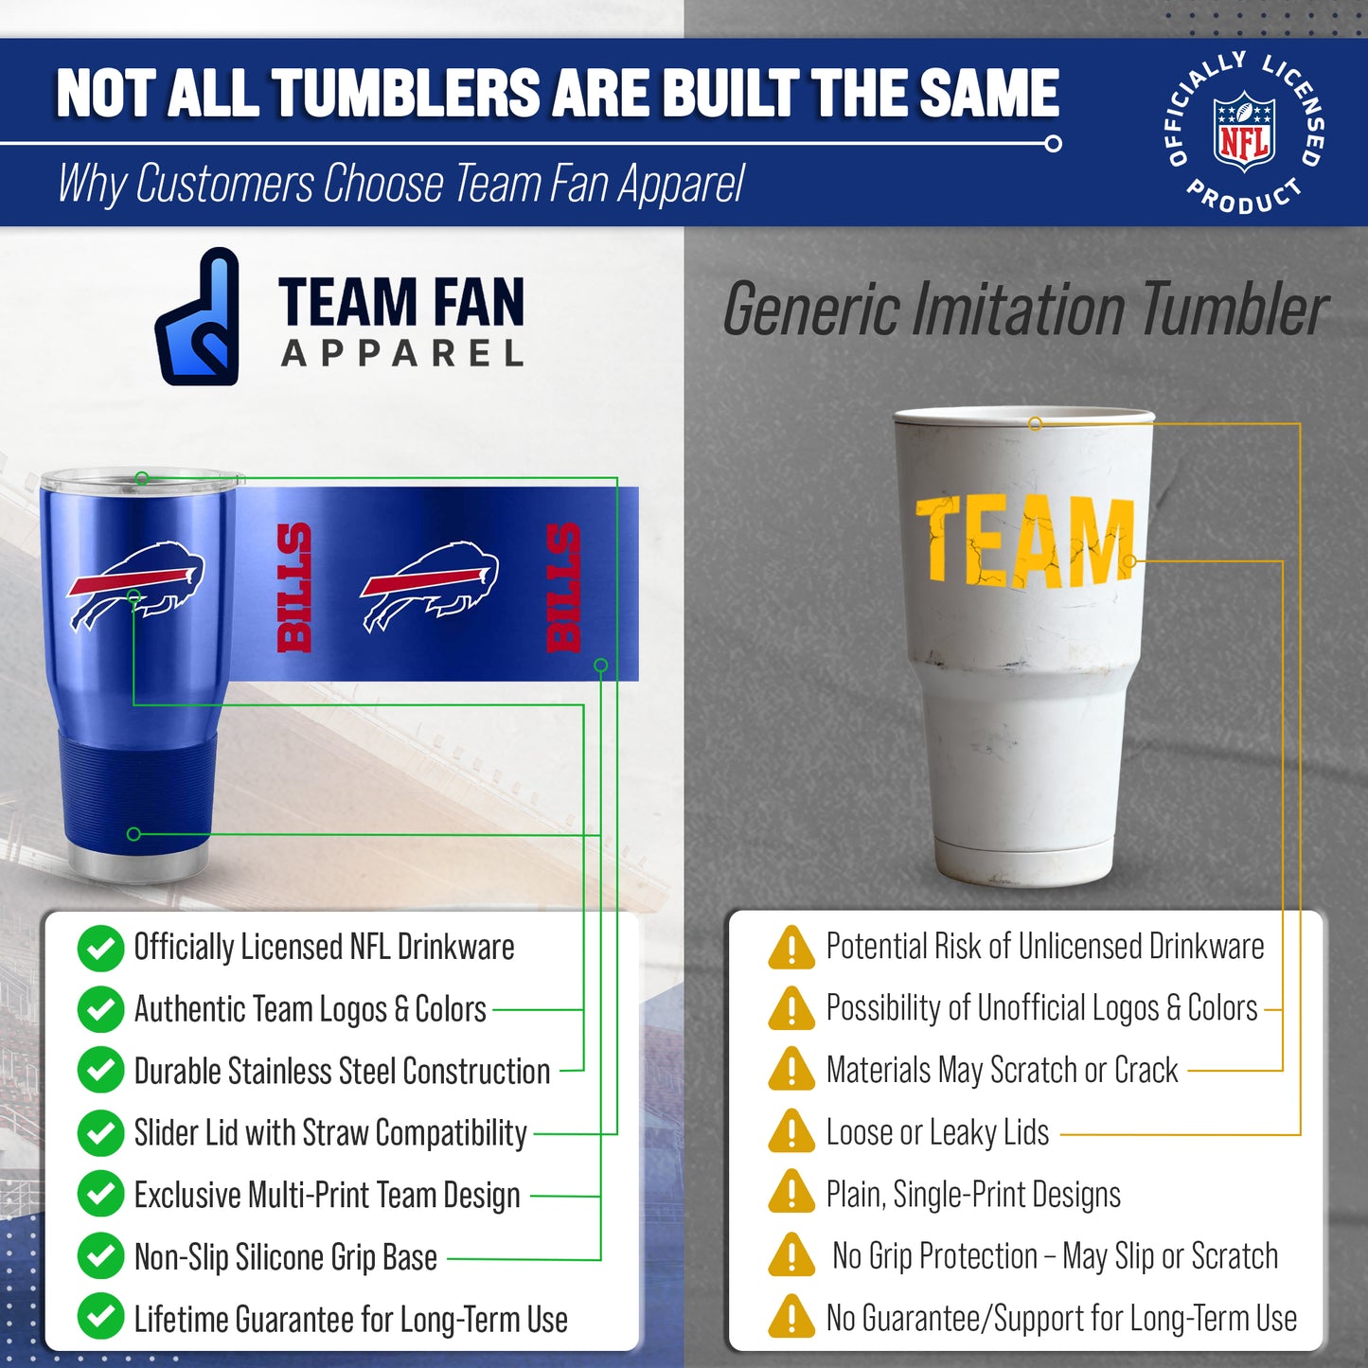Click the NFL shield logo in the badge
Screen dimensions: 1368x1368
(x=1244, y=132)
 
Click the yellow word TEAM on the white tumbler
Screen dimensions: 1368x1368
(x=1024, y=541)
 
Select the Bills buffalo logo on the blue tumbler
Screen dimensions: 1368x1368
(x=135, y=584)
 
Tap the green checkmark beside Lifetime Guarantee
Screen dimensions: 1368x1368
(x=100, y=1317)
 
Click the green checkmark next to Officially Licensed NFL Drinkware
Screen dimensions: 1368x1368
(x=100, y=948)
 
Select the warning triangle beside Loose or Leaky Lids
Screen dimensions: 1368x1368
(x=791, y=1131)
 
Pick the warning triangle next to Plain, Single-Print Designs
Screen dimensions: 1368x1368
(x=791, y=1193)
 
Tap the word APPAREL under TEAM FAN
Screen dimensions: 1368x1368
(x=402, y=354)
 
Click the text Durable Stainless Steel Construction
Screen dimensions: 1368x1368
(x=342, y=1071)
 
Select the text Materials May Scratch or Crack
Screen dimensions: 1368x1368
(x=1002, y=1070)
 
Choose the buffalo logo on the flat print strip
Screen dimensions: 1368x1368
(x=430, y=584)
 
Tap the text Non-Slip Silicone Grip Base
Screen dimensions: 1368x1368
(x=285, y=1257)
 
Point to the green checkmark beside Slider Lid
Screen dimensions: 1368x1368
(x=100, y=1132)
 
